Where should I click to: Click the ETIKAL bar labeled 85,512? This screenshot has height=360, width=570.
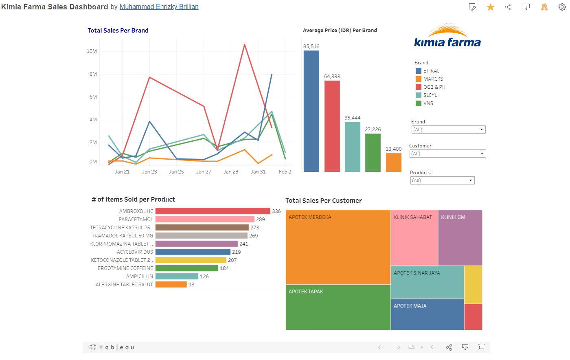(x=311, y=111)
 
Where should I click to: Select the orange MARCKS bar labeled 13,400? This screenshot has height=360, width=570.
(x=393, y=162)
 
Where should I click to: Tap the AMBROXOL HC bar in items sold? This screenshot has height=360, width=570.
(x=213, y=211)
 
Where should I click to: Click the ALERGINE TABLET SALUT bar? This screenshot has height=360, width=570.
(x=171, y=284)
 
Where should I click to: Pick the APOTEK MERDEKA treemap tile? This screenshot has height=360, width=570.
(x=338, y=247)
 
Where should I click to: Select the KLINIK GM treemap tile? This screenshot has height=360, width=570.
(x=460, y=238)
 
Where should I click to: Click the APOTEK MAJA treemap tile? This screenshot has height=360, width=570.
(x=427, y=314)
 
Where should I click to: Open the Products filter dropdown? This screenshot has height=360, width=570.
(x=442, y=180)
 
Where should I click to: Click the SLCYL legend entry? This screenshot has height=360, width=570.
(x=430, y=95)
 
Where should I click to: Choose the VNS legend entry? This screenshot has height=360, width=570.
(x=428, y=103)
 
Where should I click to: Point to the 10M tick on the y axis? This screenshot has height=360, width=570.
(x=92, y=51)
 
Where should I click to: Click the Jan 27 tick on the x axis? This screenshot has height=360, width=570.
(x=204, y=172)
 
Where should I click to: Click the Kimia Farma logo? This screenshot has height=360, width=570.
(x=447, y=37)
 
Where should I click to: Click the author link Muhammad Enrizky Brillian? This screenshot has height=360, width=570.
(x=159, y=7)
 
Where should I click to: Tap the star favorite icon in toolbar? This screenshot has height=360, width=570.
(x=491, y=7)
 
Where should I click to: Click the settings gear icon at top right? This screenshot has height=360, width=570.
(x=562, y=7)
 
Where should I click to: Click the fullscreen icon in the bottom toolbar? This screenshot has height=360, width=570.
(x=482, y=347)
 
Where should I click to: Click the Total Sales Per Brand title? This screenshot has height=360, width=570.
(x=118, y=31)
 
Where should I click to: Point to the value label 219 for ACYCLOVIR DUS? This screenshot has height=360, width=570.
(x=237, y=252)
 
